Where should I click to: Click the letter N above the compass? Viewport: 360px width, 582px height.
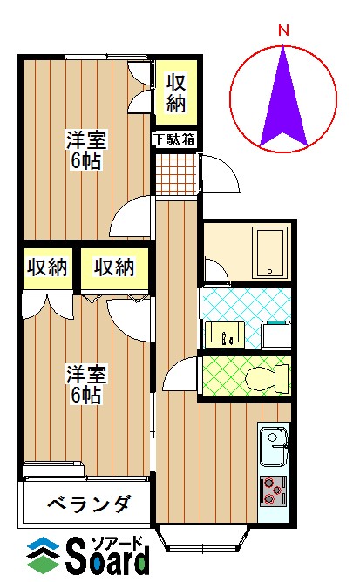(284, 30)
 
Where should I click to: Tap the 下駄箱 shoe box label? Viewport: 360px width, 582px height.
(174, 139)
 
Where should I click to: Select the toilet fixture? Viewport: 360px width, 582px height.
(267, 378)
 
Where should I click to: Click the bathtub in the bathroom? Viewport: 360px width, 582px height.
(270, 253)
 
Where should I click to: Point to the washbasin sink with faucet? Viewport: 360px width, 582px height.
(225, 335)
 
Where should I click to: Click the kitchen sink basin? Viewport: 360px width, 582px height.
(274, 446)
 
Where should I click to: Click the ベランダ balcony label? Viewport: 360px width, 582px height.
(90, 504)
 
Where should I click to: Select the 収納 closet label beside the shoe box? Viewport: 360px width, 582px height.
(176, 93)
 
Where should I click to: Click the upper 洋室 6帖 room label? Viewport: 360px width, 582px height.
(85, 150)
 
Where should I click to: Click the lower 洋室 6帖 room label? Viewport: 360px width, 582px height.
(85, 384)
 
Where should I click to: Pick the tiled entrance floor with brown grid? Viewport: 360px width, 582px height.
(175, 174)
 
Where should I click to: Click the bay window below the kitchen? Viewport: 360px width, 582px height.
(202, 538)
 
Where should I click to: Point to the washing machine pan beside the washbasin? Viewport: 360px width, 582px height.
(276, 335)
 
